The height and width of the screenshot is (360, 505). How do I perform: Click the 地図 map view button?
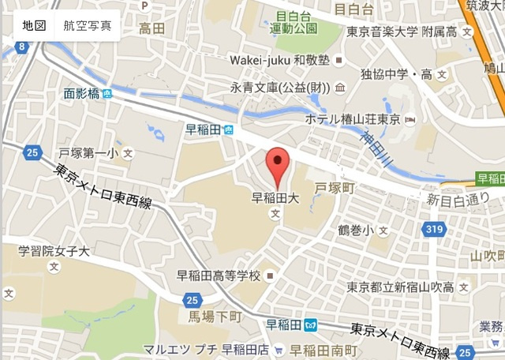[34, 26]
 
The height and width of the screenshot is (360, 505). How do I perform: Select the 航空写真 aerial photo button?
[88, 26]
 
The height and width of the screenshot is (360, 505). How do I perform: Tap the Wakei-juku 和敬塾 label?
[279, 60]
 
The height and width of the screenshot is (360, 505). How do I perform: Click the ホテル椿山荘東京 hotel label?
[354, 120]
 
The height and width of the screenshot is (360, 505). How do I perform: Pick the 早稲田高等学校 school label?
[219, 276]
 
